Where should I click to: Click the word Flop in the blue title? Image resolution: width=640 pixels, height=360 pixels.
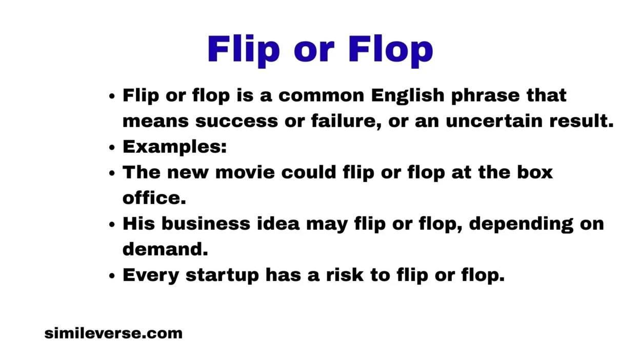(x=391, y=50)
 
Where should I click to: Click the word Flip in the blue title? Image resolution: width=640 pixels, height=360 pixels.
(x=244, y=50)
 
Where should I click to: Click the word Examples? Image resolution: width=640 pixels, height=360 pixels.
(x=174, y=147)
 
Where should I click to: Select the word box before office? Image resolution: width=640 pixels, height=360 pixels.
(x=535, y=173)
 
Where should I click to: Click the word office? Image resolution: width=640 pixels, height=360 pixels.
(x=154, y=198)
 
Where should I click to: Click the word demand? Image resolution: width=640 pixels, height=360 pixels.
(x=165, y=249)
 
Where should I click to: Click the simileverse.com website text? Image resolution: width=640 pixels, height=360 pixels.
(x=113, y=333)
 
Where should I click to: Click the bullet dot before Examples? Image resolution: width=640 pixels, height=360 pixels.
(x=112, y=148)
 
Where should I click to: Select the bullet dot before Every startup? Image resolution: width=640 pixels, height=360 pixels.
(x=112, y=276)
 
